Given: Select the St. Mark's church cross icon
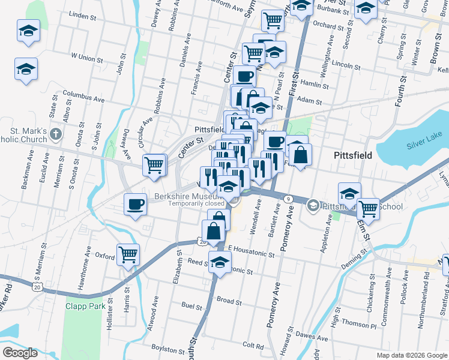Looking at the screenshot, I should (x=55, y=133).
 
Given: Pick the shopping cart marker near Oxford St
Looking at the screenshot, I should (x=128, y=255).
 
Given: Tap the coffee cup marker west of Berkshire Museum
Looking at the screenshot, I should (x=136, y=204).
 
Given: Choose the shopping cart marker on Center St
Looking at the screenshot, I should (x=155, y=164).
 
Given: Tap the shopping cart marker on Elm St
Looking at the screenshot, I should (x=368, y=209).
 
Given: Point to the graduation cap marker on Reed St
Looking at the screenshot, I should (x=220, y=262).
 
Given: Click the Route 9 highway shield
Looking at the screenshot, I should (x=288, y=199).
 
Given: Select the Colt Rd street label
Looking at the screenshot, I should (x=253, y=346).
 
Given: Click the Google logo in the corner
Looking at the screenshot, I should (x=20, y=352).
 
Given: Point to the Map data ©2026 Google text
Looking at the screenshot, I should (x=411, y=355).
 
